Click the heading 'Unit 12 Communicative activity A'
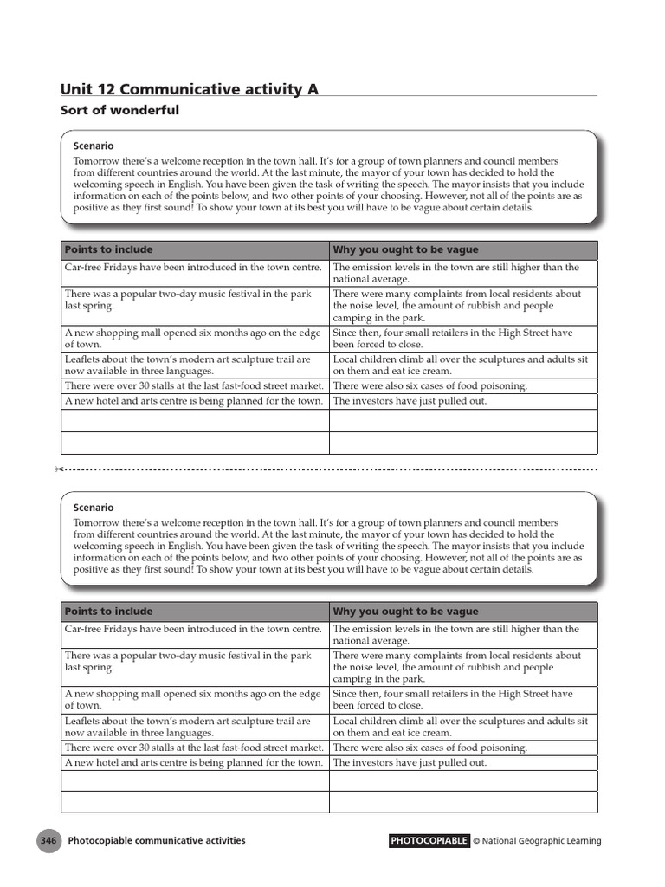[x=190, y=88]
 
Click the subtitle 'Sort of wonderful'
[x=119, y=110]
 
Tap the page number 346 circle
[x=48, y=840]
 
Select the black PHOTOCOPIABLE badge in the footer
[x=429, y=840]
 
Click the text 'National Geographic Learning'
[x=541, y=841]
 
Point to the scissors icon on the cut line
[x=58, y=469]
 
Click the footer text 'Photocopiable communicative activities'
[x=157, y=840]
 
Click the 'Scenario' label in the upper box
[x=94, y=146]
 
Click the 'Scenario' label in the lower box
[x=94, y=508]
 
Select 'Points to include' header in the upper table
[x=108, y=249]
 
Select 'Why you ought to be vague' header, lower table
[x=405, y=612]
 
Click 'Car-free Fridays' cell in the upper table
[x=193, y=268]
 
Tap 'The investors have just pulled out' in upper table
[x=410, y=401]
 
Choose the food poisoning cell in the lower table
[x=429, y=748]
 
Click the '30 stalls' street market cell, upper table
[x=194, y=385]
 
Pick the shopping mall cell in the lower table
[x=193, y=699]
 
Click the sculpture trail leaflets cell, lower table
[x=188, y=726]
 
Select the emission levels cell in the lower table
[x=455, y=635]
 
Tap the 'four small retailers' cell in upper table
[x=453, y=338]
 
